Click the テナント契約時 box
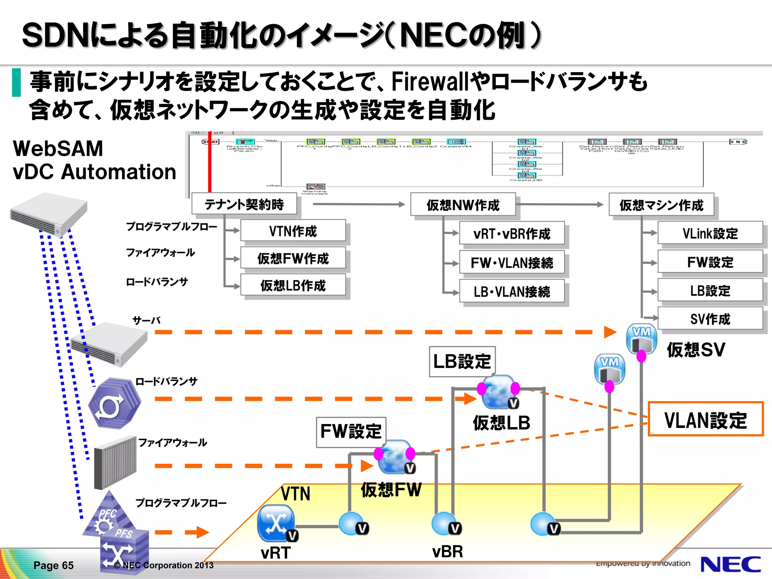(x=244, y=204)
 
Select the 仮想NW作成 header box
(x=463, y=205)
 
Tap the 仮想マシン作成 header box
(x=661, y=205)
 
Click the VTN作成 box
(x=293, y=231)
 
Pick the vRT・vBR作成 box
(x=512, y=233)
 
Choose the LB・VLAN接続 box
(x=512, y=291)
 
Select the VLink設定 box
(x=710, y=233)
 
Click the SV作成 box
(x=710, y=319)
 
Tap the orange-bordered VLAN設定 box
(x=705, y=419)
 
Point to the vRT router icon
(x=276, y=523)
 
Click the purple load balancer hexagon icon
(x=114, y=403)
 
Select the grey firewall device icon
(x=115, y=462)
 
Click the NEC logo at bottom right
(x=730, y=564)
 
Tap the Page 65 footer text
(x=54, y=565)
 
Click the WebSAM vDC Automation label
(x=94, y=160)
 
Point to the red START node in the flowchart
(x=210, y=142)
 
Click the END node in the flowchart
(x=738, y=142)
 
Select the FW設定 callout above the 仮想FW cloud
(x=351, y=432)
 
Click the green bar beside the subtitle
(x=16, y=82)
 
